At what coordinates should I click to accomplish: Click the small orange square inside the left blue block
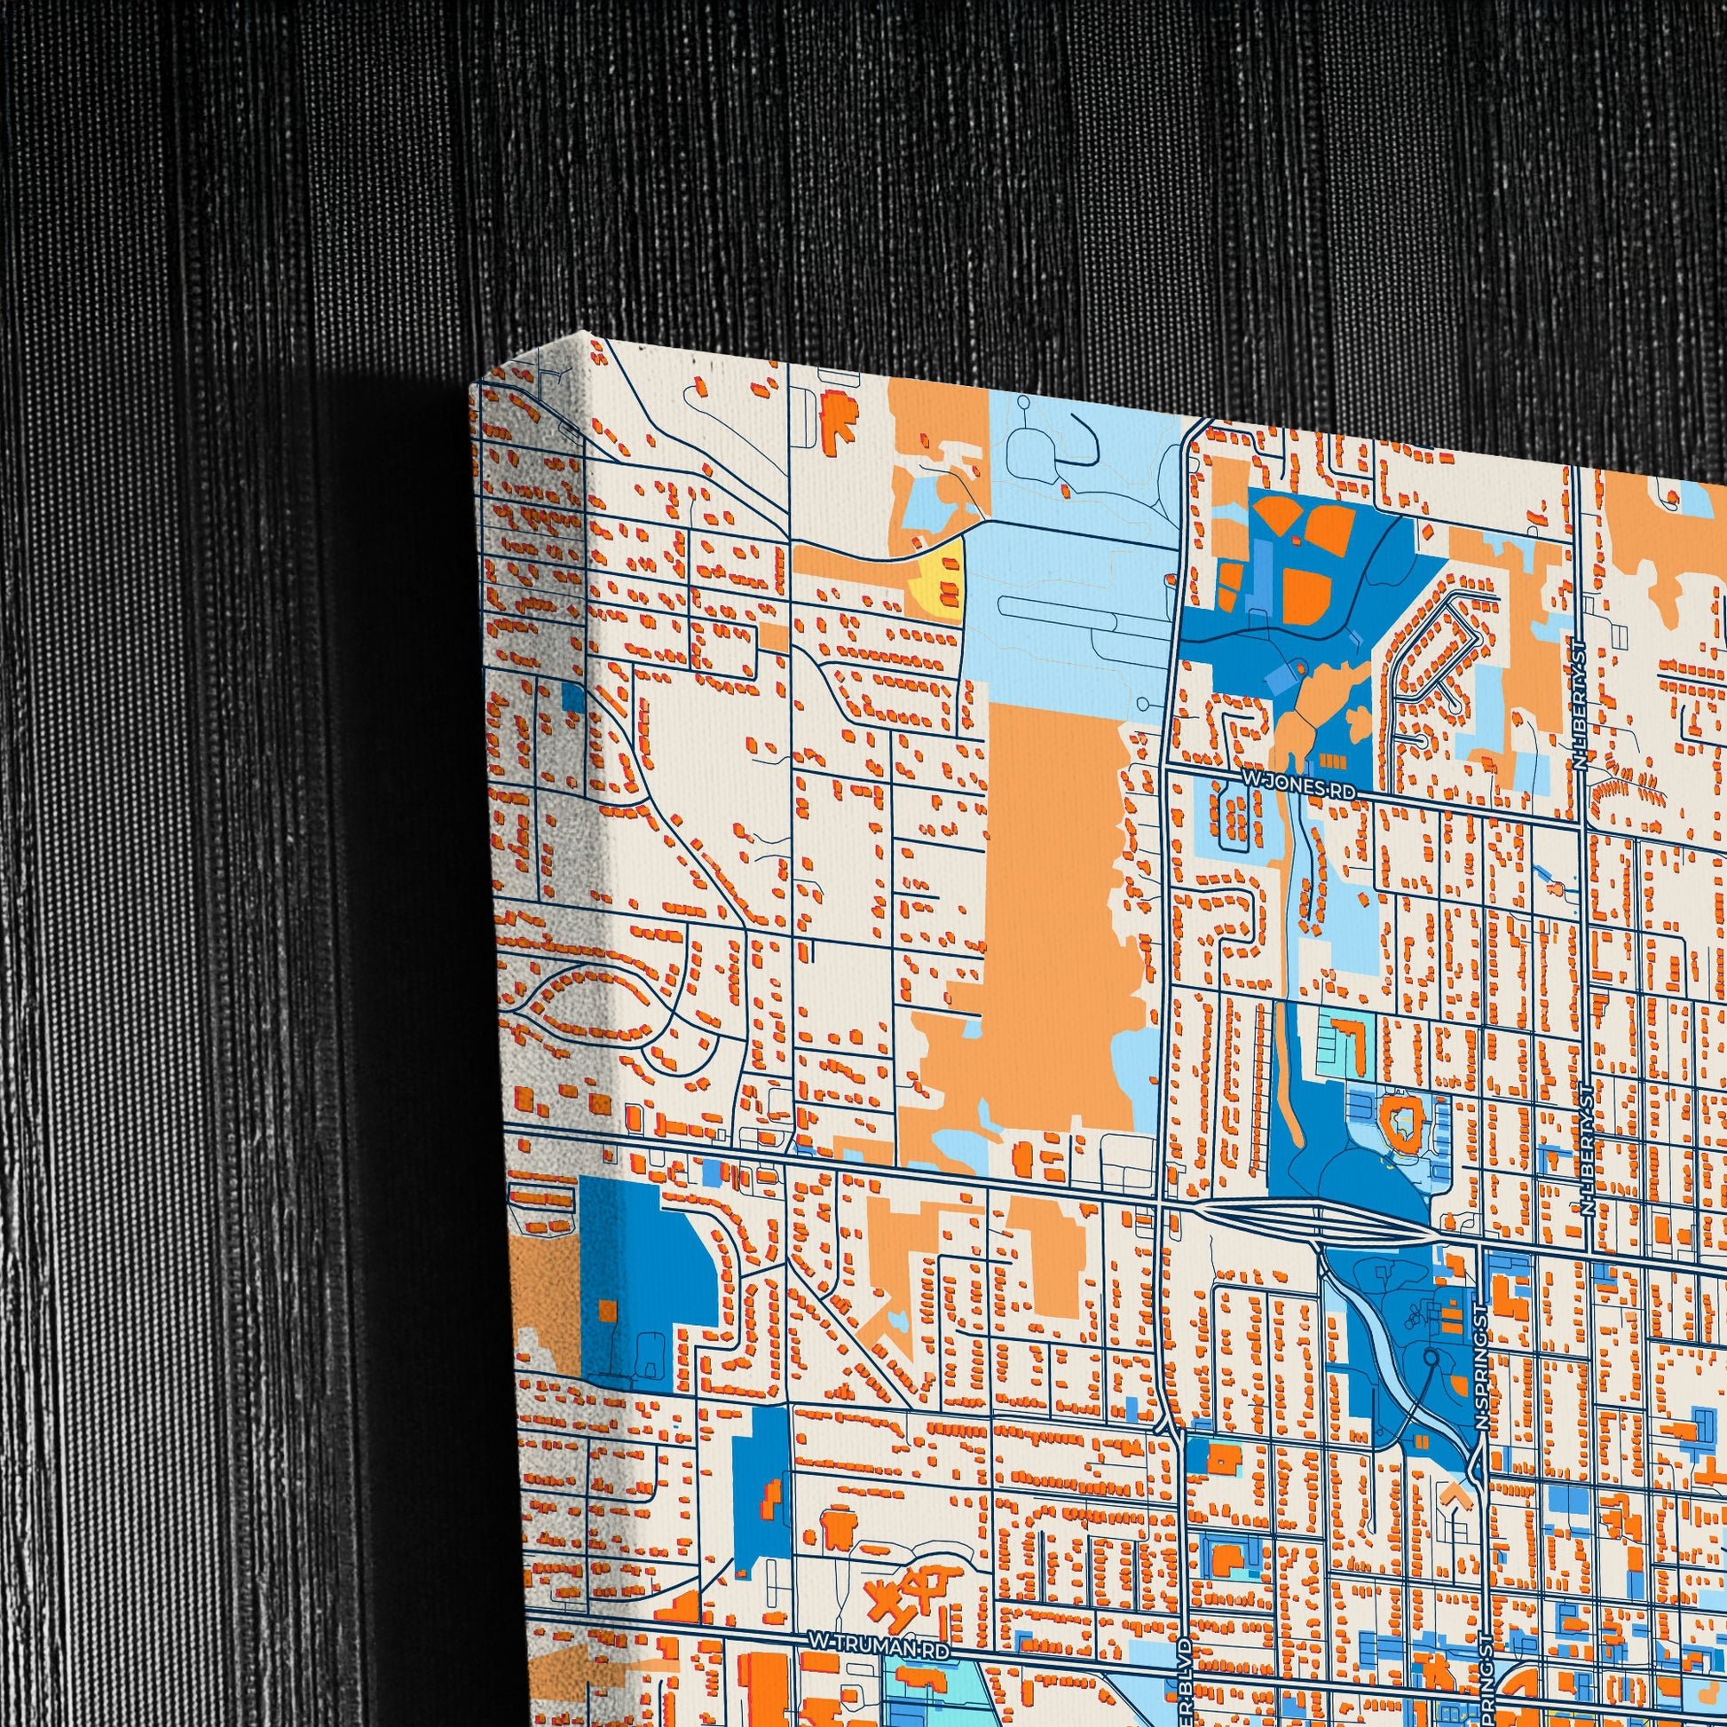607,1310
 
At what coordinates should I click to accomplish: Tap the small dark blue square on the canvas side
573,695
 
